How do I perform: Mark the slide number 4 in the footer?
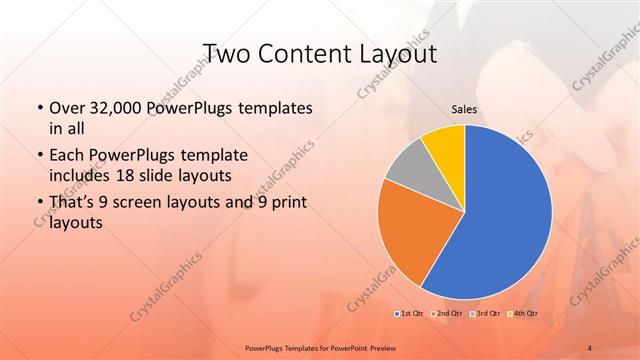(x=590, y=347)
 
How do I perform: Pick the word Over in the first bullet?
(x=65, y=107)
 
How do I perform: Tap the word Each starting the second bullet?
(x=66, y=156)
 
